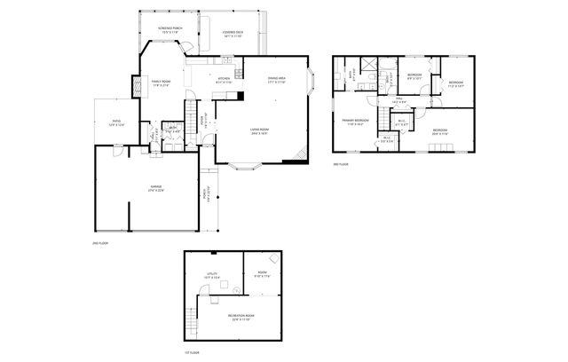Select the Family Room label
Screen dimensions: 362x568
coord(161,81)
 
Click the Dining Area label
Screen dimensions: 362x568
coord(275,80)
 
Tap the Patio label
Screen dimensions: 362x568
coord(115,122)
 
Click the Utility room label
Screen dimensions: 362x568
coord(212,275)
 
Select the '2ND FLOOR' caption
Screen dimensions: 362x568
coord(99,242)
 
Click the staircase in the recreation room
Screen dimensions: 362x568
coord(192,315)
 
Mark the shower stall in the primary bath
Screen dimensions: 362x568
coord(388,64)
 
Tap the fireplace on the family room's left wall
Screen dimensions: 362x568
coord(136,88)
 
